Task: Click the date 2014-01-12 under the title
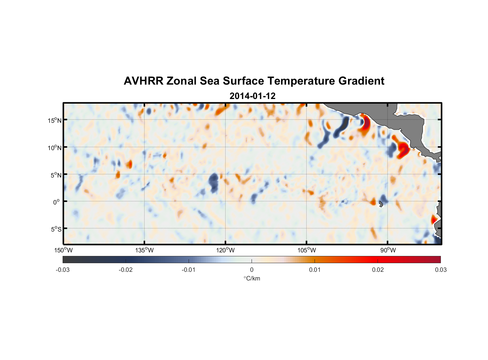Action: [x=252, y=96]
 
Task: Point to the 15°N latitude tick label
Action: [x=55, y=120]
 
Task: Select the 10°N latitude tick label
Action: [x=55, y=148]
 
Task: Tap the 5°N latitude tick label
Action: [x=56, y=175]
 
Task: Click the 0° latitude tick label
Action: [x=57, y=202]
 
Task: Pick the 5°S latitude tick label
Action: [x=56, y=229]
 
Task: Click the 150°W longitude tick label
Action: [x=63, y=250]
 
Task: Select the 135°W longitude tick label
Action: [x=144, y=250]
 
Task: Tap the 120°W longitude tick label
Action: [x=225, y=250]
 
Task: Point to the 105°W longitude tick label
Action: [x=307, y=250]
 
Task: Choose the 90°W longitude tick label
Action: [x=388, y=250]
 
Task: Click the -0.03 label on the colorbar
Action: [x=63, y=270]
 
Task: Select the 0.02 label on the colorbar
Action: [x=378, y=270]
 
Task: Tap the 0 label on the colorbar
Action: [x=252, y=270]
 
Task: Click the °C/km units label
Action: [x=252, y=278]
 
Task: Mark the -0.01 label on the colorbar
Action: [x=189, y=270]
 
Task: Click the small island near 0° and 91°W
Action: [x=381, y=204]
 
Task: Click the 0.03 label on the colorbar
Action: [x=440, y=270]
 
